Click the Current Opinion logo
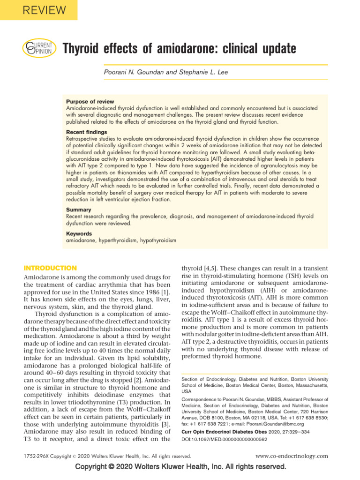pyautogui.click(x=39, y=48)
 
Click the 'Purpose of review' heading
pyautogui.click(x=90, y=102)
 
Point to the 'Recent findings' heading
pyautogui.click(x=86, y=132)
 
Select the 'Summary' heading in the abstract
pyautogui.click(x=79, y=210)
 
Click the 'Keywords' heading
pyautogui.click(x=79, y=233)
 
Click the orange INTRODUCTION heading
pyautogui.click(x=50, y=268)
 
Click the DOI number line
pyautogui.click(x=224, y=439)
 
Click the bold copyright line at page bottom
pyautogui.click(x=180, y=467)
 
